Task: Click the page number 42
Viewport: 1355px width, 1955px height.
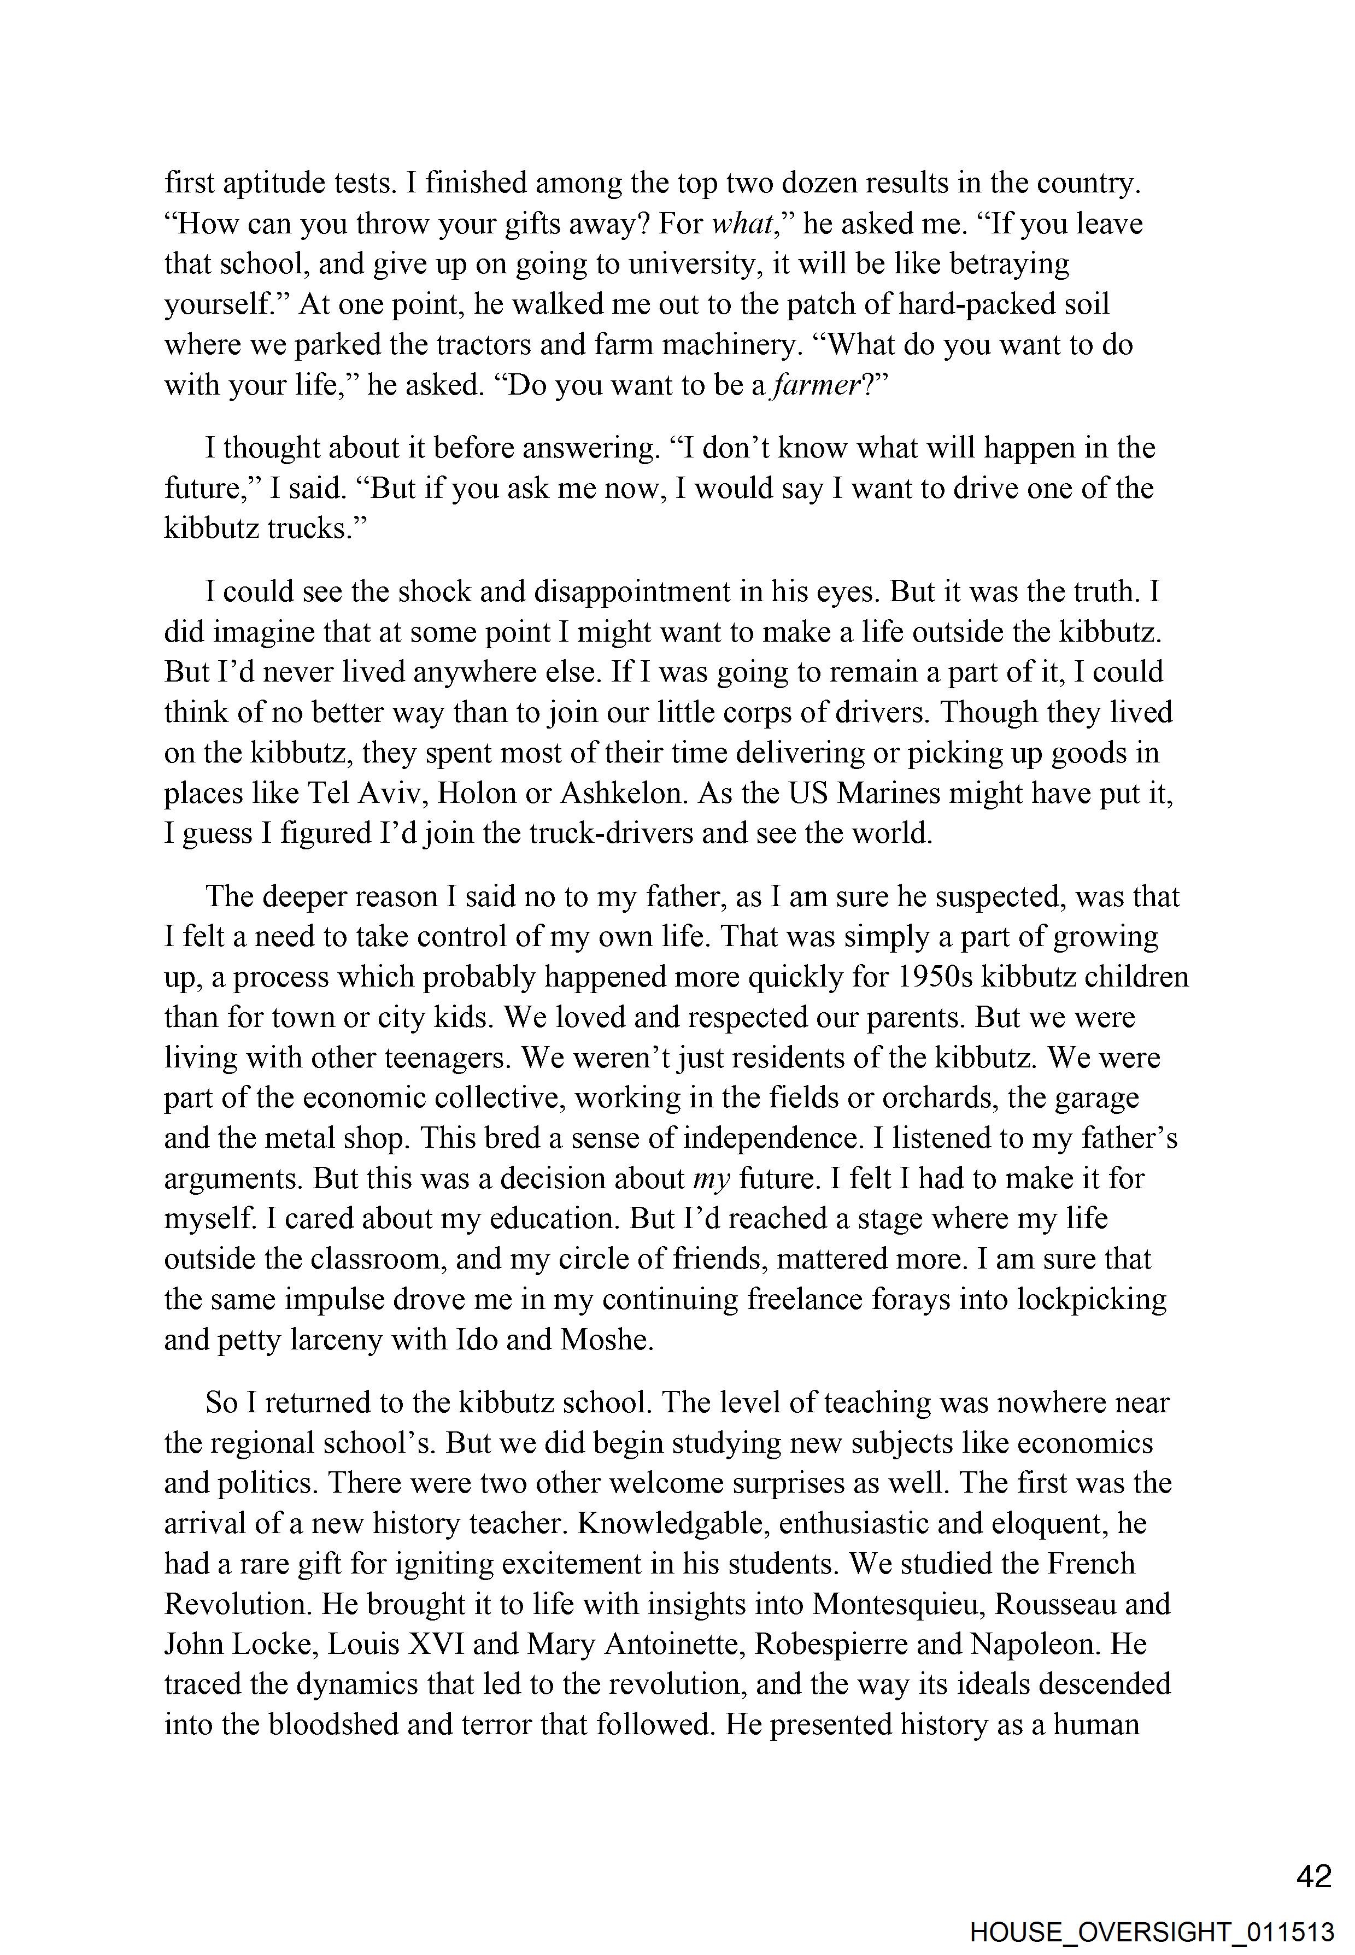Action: (1314, 1877)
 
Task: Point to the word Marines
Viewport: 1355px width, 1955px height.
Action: (889, 793)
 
